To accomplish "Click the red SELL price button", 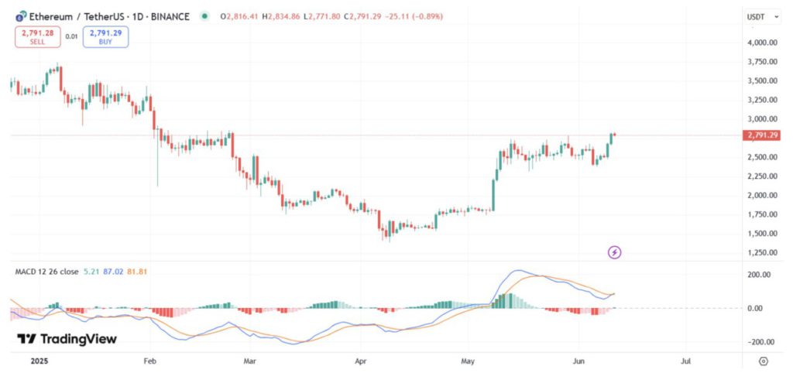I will tap(36, 36).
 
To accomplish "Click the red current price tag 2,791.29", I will tap(762, 135).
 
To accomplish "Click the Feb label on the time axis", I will tap(150, 361).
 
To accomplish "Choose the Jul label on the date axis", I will tap(685, 361).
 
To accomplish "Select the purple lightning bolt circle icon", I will tap(614, 252).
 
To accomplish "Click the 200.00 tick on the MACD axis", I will tap(759, 275).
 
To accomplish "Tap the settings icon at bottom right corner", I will tap(764, 361).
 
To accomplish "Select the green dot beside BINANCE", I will tap(204, 16).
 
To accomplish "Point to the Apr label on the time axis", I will tap(360, 361).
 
